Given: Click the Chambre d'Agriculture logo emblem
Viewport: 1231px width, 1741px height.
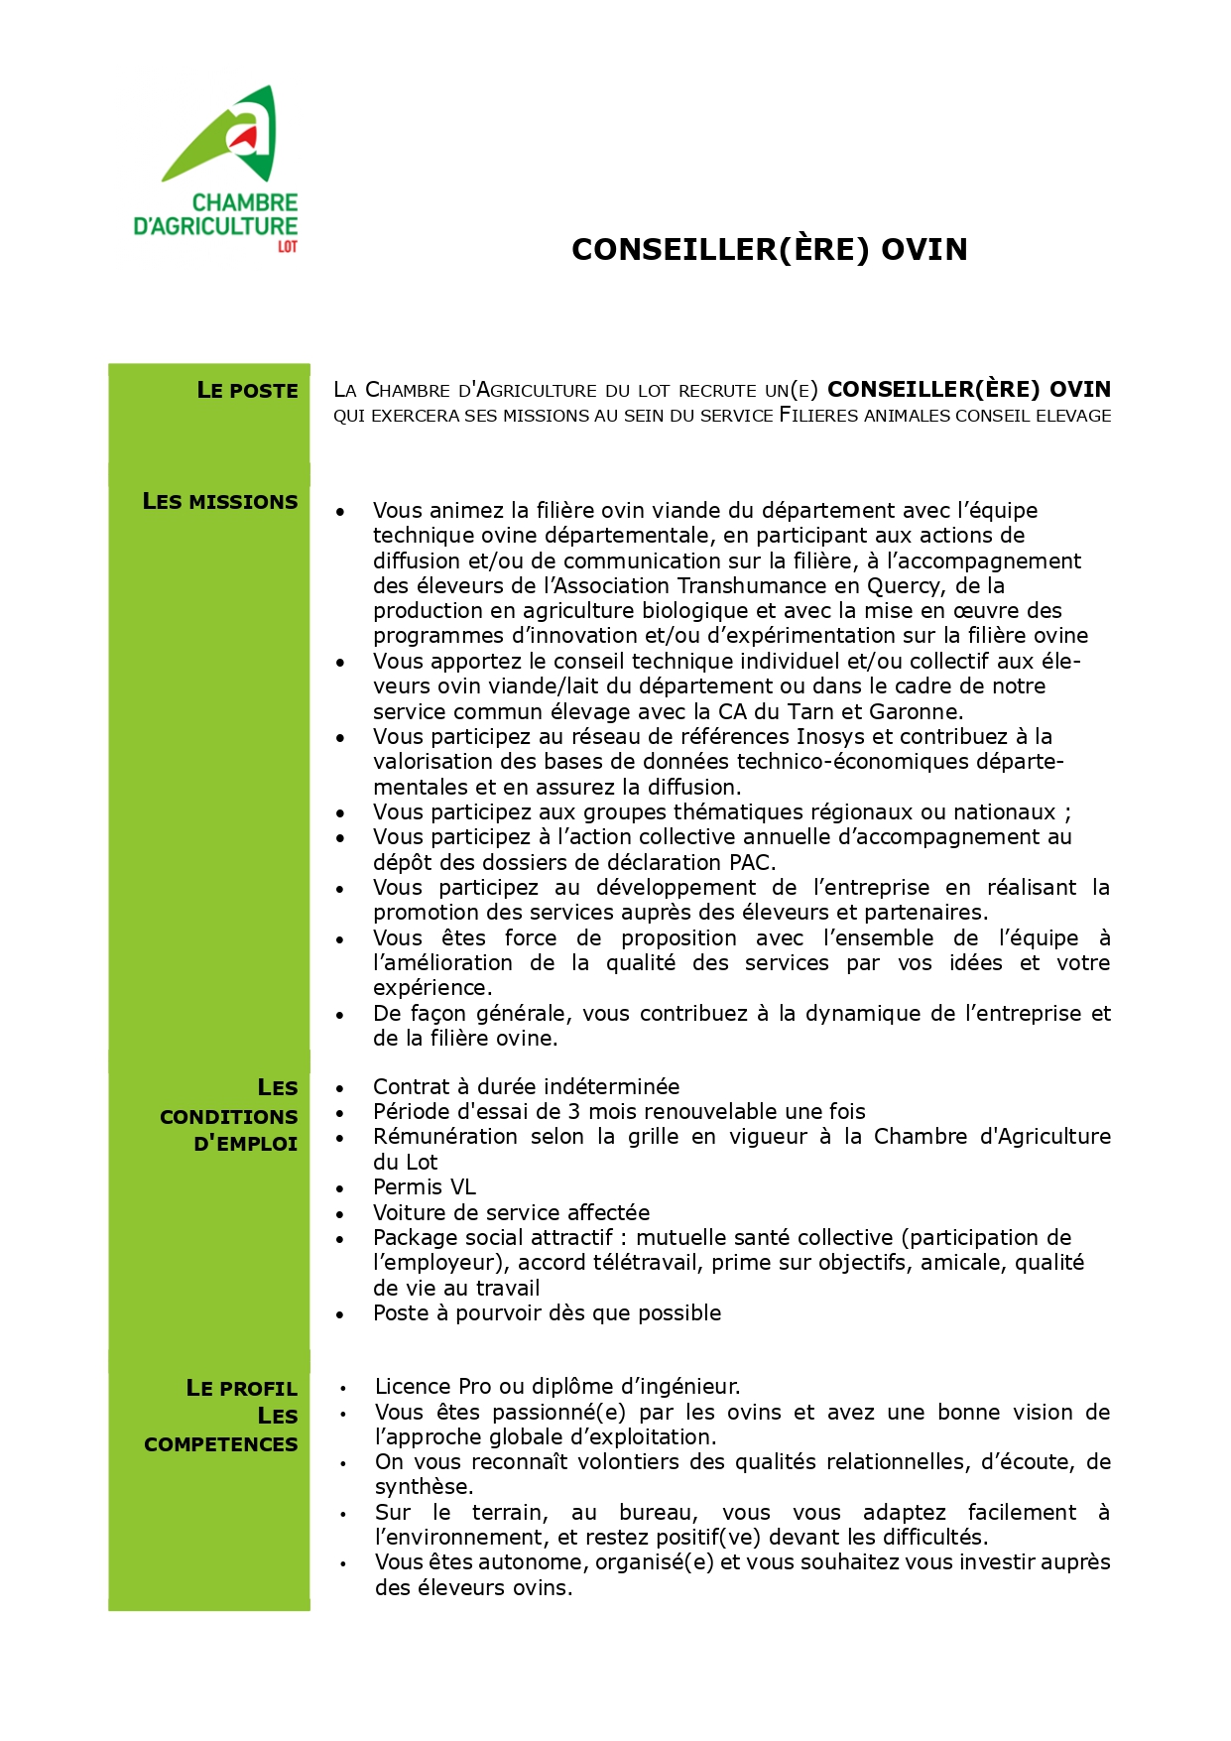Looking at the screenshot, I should click(226, 135).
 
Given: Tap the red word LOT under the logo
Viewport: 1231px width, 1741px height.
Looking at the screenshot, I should click(288, 247).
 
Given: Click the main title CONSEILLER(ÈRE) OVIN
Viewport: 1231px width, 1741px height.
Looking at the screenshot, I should click(769, 249).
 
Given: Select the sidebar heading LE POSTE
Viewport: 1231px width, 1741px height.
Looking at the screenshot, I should click(247, 391).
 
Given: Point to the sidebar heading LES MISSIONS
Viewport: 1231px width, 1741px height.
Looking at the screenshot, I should click(220, 502).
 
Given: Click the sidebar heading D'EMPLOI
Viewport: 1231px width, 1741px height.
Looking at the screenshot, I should click(246, 1144).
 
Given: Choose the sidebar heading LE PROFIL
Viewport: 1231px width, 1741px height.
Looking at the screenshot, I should click(242, 1389).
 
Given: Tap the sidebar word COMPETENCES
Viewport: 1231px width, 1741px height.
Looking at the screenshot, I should click(221, 1444).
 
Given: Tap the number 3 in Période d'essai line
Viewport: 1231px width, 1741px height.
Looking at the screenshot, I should click(574, 1112).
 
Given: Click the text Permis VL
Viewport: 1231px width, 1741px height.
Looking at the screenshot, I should click(425, 1187).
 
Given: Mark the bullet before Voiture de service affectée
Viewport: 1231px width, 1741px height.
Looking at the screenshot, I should click(340, 1214).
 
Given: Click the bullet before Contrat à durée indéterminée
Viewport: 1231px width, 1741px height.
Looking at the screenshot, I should click(340, 1088).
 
